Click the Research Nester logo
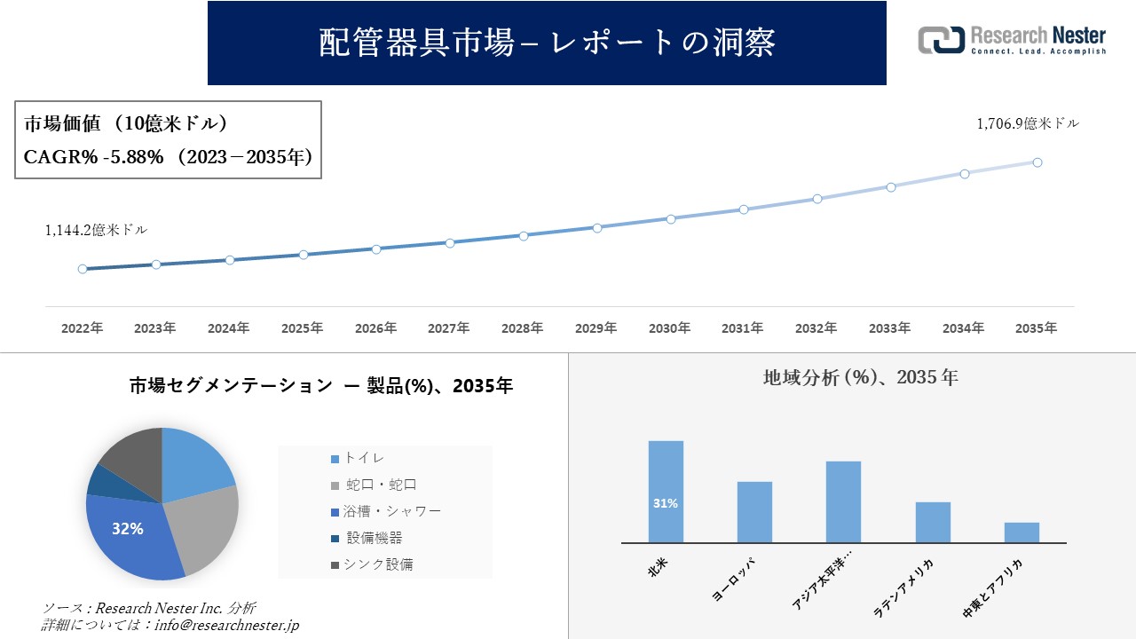[x=1012, y=41]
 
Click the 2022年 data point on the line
[x=83, y=269]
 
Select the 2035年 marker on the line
[x=1037, y=162]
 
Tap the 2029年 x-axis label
[x=596, y=328]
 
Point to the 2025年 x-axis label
[x=303, y=328]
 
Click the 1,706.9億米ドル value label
[x=1028, y=124]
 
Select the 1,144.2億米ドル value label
[x=96, y=230]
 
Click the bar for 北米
[x=666, y=492]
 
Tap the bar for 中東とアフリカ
[x=1022, y=532]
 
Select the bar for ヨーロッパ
[x=754, y=512]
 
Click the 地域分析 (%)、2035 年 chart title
[x=860, y=377]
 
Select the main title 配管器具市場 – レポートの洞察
[x=547, y=43]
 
